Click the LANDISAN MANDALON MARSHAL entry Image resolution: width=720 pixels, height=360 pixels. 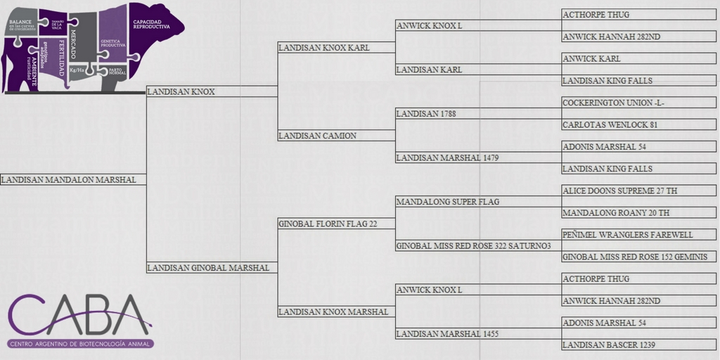point(69,180)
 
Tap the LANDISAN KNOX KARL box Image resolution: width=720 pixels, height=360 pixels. point(324,48)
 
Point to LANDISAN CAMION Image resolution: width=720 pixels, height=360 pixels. point(318,136)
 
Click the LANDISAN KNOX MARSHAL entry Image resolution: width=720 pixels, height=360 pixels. point(333,311)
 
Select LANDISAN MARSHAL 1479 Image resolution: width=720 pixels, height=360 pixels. point(448,157)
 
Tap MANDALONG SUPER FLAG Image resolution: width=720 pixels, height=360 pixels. point(448,202)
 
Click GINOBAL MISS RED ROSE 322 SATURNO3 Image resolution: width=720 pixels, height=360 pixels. point(474,245)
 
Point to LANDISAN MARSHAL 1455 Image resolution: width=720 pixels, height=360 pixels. point(448,333)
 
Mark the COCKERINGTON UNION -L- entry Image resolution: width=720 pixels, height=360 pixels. point(613,103)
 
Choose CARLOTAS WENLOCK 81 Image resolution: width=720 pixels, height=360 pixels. point(610,125)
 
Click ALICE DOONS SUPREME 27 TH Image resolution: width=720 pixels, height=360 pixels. point(619,191)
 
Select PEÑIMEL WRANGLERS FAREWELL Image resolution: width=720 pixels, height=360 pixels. point(628,235)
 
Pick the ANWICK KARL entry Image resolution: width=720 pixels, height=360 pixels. point(591,59)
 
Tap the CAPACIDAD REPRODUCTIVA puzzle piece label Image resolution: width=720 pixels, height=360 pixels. point(151,24)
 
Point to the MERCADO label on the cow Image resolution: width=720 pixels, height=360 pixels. point(73,36)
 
